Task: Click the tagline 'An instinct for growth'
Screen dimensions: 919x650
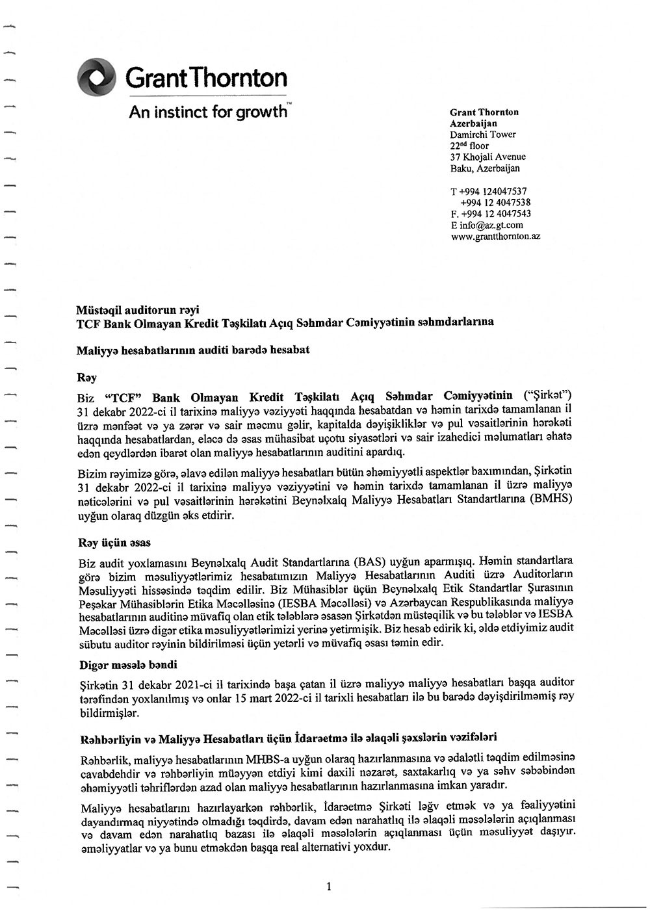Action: (x=207, y=112)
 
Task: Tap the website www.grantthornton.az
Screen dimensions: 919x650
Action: (x=495, y=237)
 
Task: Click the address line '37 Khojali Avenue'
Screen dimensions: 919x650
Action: (x=487, y=157)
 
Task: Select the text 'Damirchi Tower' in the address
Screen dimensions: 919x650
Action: (x=483, y=135)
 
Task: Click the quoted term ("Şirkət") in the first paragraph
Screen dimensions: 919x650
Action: (x=549, y=396)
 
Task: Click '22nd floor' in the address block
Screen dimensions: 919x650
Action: (x=469, y=146)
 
